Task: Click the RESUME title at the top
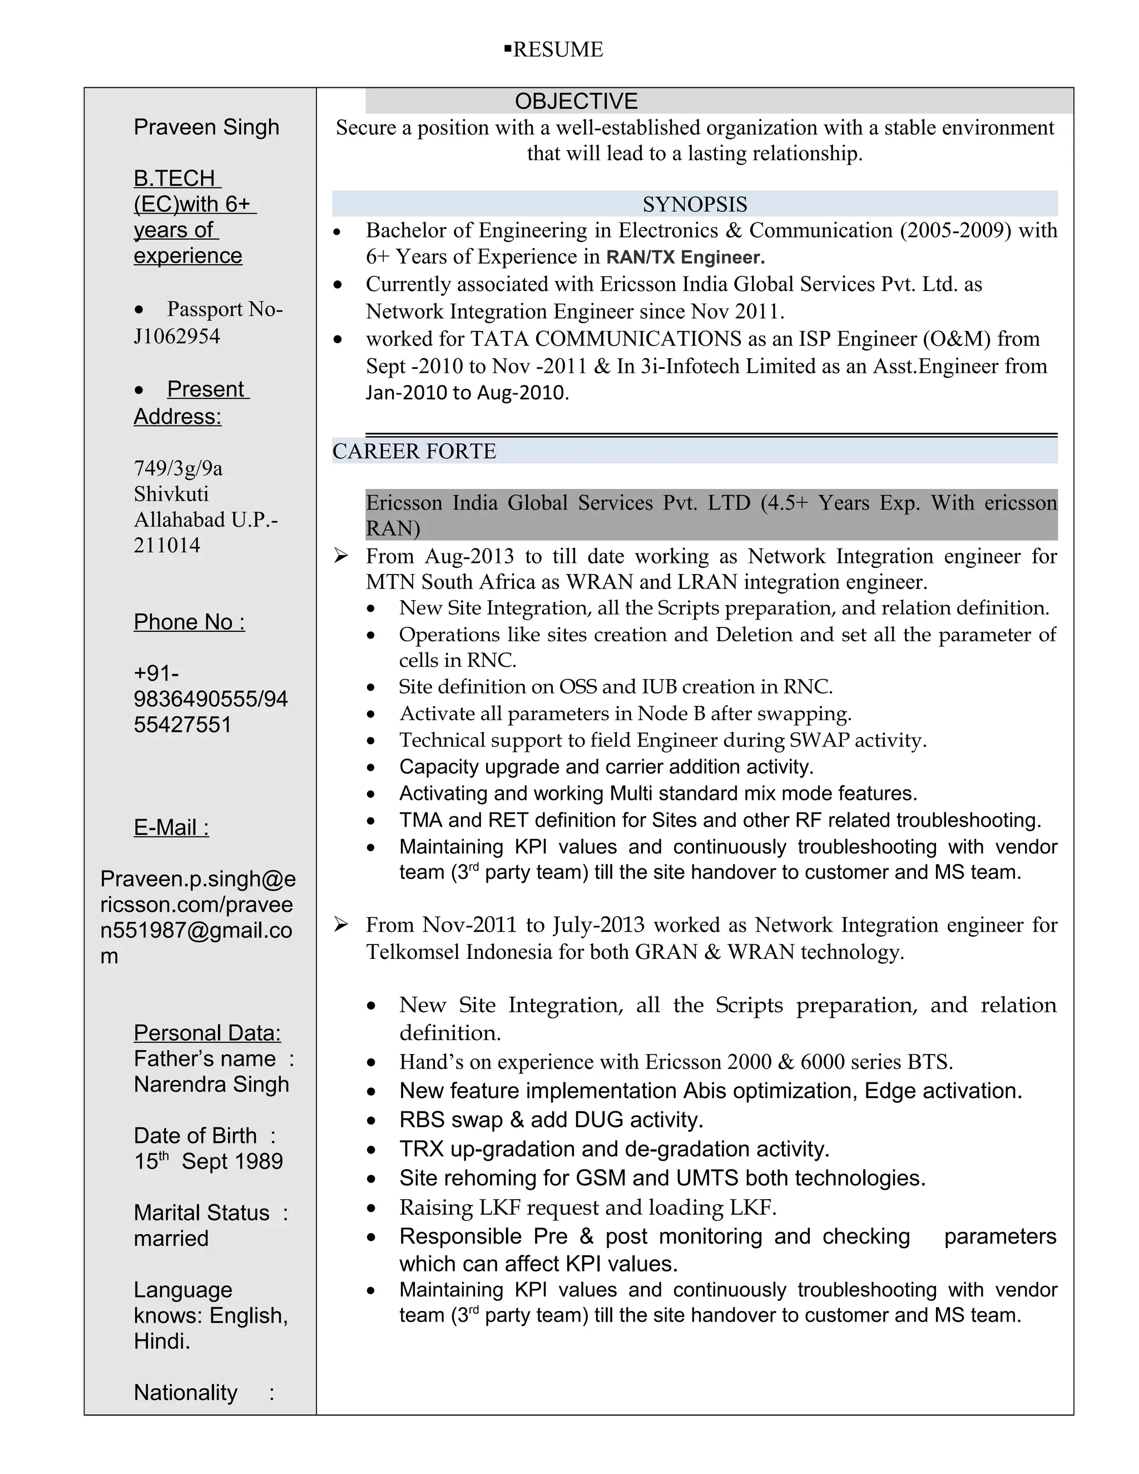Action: click(557, 50)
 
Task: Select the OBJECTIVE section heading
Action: click(576, 101)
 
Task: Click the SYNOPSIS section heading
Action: click(694, 204)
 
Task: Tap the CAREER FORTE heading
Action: click(414, 451)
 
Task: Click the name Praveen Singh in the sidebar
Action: click(206, 127)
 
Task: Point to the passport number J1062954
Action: click(177, 336)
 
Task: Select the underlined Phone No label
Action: click(189, 622)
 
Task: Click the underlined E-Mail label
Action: click(171, 828)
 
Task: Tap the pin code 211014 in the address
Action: click(167, 545)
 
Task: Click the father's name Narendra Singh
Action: click(211, 1084)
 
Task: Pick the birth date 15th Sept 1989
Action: click(208, 1161)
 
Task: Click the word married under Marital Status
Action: click(171, 1239)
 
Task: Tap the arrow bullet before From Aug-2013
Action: click(341, 556)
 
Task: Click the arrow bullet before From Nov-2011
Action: click(341, 924)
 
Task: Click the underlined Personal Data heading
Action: click(207, 1032)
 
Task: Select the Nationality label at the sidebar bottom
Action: click(186, 1392)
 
